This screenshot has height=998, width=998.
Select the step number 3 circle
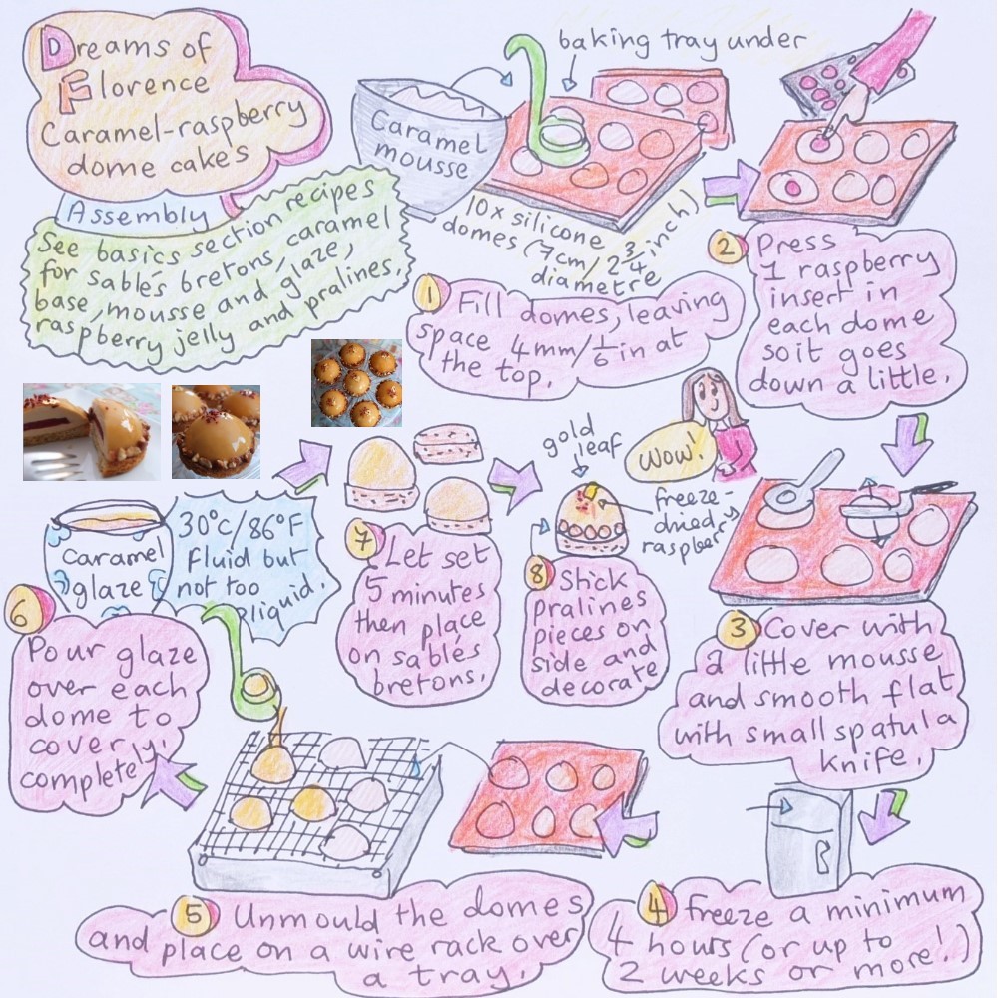click(738, 629)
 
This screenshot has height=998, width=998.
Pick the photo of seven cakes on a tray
click(356, 382)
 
